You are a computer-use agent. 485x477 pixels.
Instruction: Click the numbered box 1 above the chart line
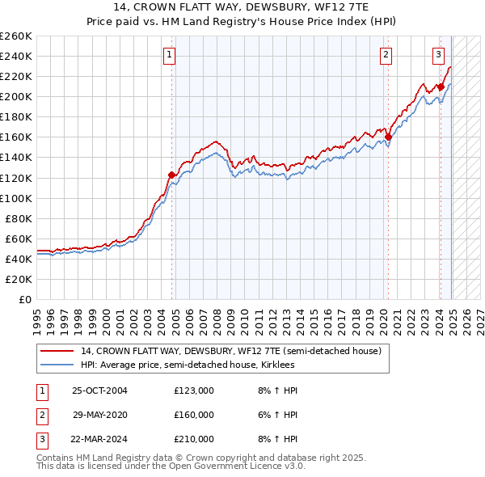170,55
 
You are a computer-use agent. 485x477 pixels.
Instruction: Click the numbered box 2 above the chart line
386,55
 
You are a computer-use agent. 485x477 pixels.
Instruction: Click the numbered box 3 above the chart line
437,55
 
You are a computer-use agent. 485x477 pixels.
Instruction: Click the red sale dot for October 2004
171,175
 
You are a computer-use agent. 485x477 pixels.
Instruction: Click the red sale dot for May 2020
388,137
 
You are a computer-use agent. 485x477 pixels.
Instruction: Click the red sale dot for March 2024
441,87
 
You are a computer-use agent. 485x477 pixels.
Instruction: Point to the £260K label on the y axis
16,36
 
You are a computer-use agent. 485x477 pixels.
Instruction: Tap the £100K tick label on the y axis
16,198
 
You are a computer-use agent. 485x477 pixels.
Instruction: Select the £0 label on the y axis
25,299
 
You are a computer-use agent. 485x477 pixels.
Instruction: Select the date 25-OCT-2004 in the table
100,390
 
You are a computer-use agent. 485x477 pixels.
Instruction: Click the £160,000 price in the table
194,415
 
